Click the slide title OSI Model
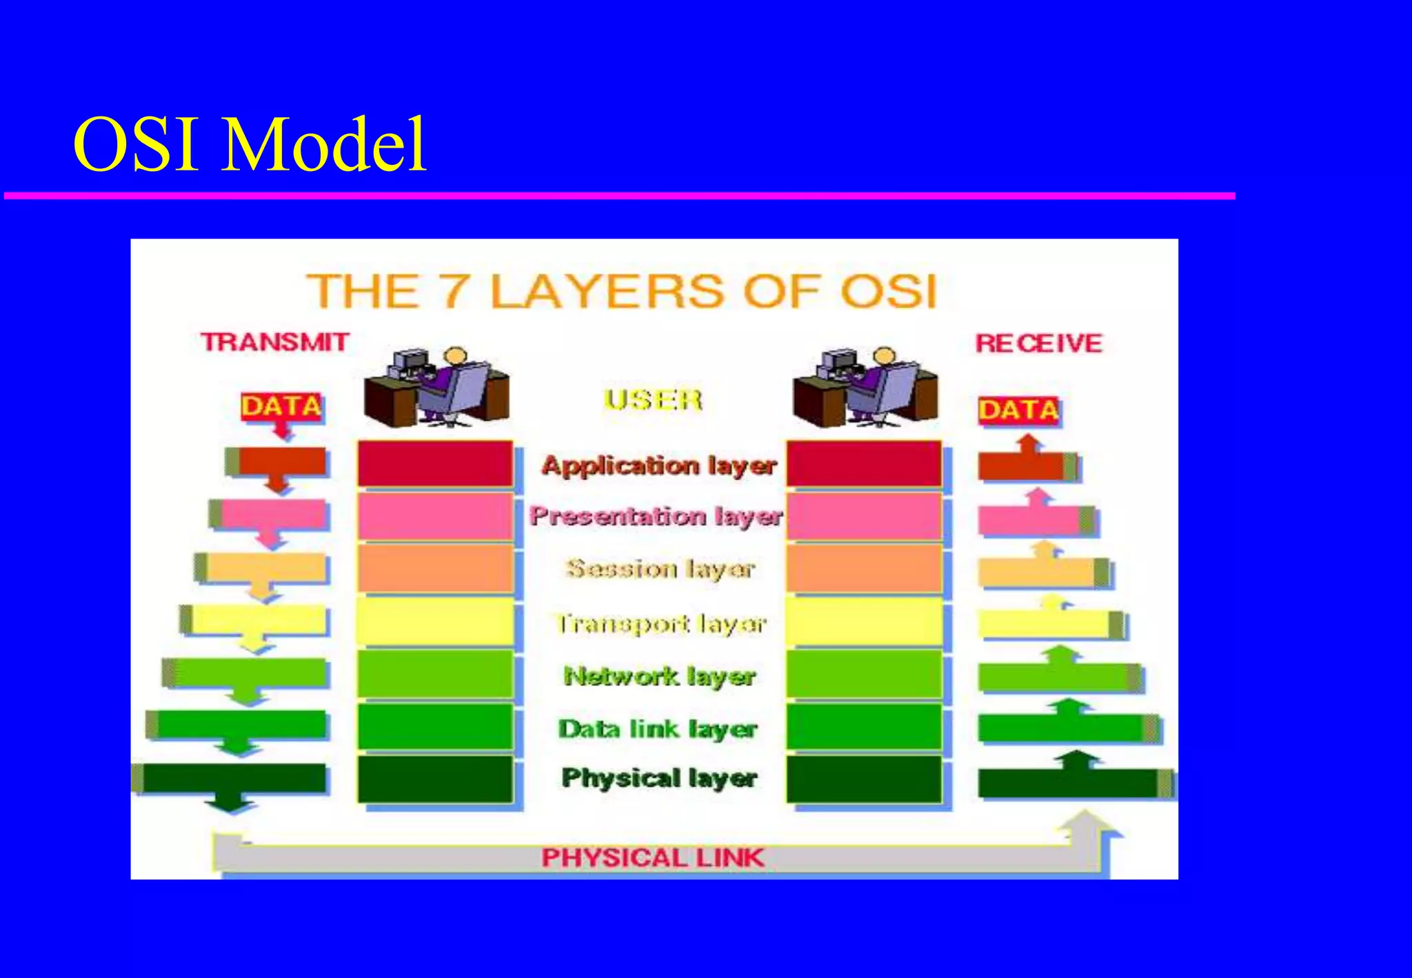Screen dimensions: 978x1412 [250, 145]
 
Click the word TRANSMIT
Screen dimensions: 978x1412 [274, 342]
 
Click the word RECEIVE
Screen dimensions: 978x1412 [1038, 343]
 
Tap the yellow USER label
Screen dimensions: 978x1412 [653, 400]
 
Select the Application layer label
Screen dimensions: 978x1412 [659, 466]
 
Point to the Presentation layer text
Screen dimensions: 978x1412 [656, 516]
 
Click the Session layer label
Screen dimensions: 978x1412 [660, 569]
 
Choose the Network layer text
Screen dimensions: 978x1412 [660, 676]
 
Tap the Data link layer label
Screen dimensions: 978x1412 [658, 729]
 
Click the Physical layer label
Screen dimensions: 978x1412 [659, 779]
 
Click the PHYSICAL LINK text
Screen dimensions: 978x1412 [652, 858]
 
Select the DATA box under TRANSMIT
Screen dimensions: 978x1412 [281, 406]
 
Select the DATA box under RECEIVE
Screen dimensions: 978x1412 [1019, 410]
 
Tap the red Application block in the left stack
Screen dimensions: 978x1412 [435, 464]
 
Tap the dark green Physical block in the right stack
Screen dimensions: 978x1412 [864, 779]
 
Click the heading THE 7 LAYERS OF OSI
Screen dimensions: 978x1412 [621, 291]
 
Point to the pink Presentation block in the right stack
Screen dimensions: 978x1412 [864, 517]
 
